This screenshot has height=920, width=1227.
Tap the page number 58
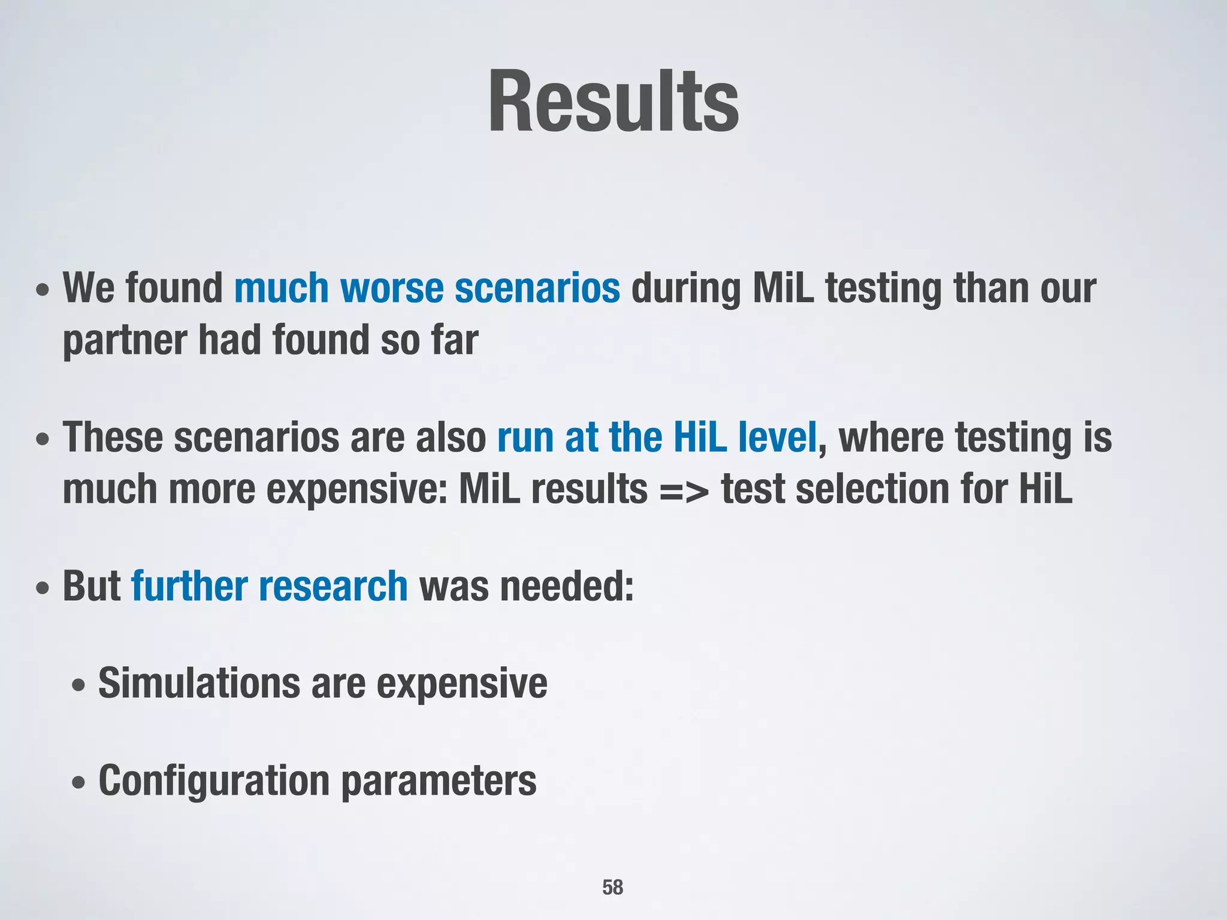click(x=612, y=887)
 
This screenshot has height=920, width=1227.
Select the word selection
click(x=873, y=489)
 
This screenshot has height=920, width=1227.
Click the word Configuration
click(x=214, y=781)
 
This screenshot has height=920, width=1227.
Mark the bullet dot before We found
click(x=43, y=290)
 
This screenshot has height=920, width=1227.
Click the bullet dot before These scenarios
click(x=43, y=440)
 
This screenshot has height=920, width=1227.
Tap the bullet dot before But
click(x=43, y=588)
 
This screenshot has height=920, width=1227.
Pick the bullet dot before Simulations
click(x=78, y=685)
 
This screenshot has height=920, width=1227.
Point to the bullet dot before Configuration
click(x=78, y=783)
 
